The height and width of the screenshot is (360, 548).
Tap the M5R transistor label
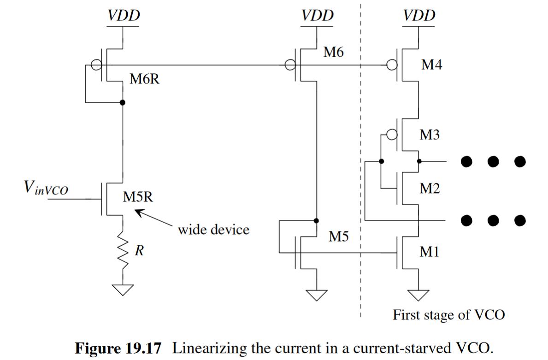[138, 197]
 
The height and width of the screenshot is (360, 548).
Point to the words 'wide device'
[213, 229]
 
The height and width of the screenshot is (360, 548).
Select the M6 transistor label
[334, 53]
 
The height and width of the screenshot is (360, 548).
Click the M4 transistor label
[432, 65]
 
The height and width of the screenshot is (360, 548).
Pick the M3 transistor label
[430, 135]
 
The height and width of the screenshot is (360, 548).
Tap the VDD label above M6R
[124, 16]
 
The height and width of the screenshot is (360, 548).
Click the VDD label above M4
[419, 16]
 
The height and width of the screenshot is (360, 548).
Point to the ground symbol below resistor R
[122, 289]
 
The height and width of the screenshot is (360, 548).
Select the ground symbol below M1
[418, 294]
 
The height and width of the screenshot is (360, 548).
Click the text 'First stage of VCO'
[448, 315]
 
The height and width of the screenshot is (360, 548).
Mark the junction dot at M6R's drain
[122, 102]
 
